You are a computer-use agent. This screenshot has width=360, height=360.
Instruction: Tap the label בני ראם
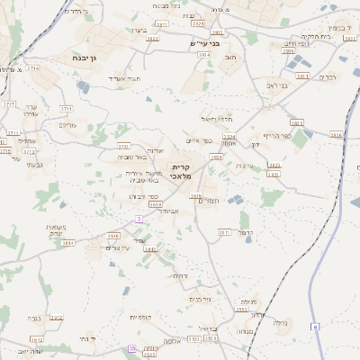(x=278, y=85)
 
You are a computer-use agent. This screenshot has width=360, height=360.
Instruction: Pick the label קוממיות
(x=139, y=317)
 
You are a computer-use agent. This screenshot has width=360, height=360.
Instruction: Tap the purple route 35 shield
(x=132, y=347)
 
